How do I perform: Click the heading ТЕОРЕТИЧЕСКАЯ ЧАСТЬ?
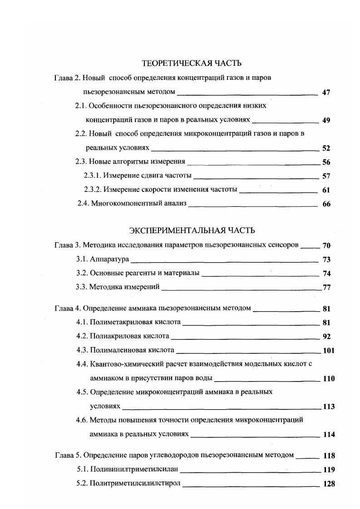click(x=192, y=63)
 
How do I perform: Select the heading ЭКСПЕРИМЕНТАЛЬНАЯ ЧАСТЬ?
click(x=192, y=230)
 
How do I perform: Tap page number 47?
click(x=325, y=93)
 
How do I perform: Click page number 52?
click(x=325, y=148)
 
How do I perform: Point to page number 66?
click(x=326, y=204)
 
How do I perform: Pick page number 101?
click(x=328, y=351)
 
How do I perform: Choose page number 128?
click(x=328, y=484)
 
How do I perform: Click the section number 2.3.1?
click(x=93, y=176)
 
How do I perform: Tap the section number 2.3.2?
click(x=93, y=190)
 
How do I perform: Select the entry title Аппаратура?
click(x=109, y=259)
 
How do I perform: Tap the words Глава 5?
click(x=67, y=455)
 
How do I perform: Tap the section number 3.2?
click(x=82, y=274)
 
